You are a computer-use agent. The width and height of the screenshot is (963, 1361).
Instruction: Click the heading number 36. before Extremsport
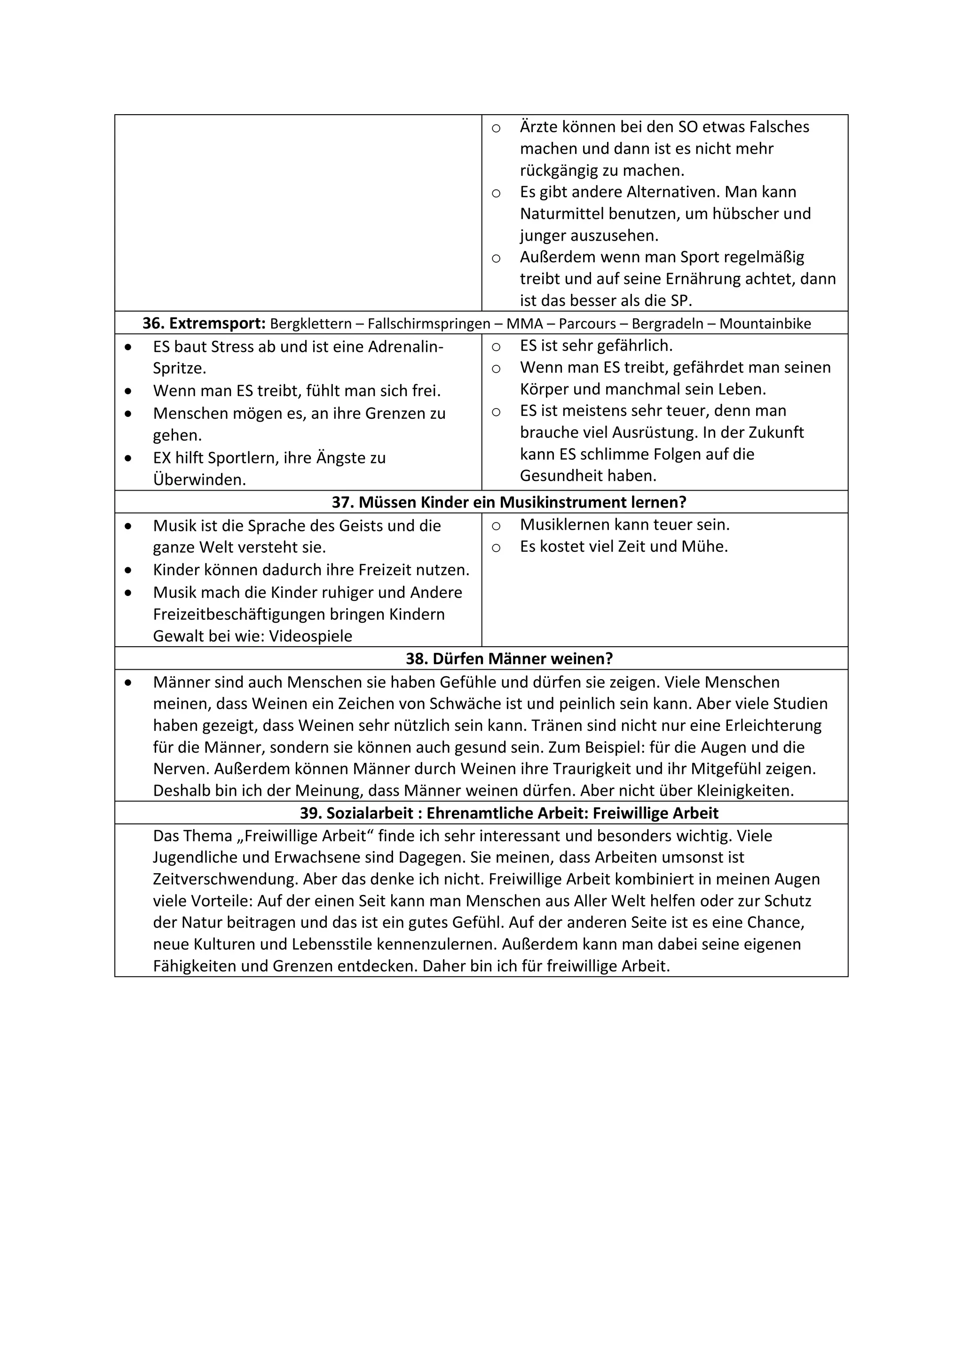tap(153, 324)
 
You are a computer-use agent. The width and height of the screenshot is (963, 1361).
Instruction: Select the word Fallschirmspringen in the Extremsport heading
tap(429, 324)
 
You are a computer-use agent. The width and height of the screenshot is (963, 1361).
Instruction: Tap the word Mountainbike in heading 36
tap(765, 324)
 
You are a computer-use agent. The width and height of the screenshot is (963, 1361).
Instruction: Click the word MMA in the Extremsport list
tap(524, 324)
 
